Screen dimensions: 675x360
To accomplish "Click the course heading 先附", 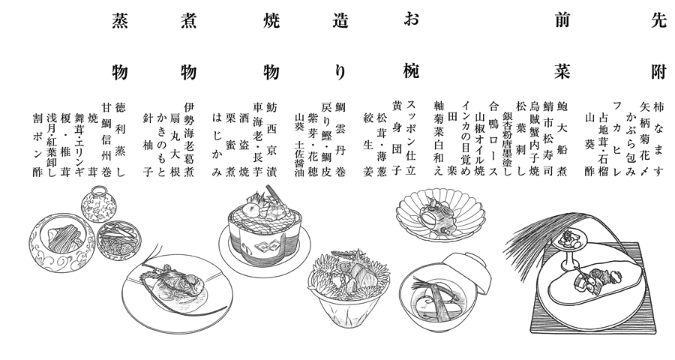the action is pos(658,46).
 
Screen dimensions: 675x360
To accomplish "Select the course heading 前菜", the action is pos(562,46).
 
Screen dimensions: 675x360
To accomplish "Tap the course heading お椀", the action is pos(411,46).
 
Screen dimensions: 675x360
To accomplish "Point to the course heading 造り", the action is pos(340,46).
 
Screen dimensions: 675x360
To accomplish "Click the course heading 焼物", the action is pos(271,46).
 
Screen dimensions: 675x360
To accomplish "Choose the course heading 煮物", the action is pos(189,46).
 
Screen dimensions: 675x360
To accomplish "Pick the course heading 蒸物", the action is pos(120,46).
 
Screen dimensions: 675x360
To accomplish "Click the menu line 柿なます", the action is pos(658,139).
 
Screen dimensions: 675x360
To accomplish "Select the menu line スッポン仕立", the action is pos(411,139).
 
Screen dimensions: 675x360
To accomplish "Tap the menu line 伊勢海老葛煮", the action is pos(189,139).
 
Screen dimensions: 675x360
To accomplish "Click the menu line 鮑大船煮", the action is pos(562,139).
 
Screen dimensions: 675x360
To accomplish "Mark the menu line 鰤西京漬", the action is pos(271,139).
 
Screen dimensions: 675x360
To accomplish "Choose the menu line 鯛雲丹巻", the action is pos(340,139).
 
